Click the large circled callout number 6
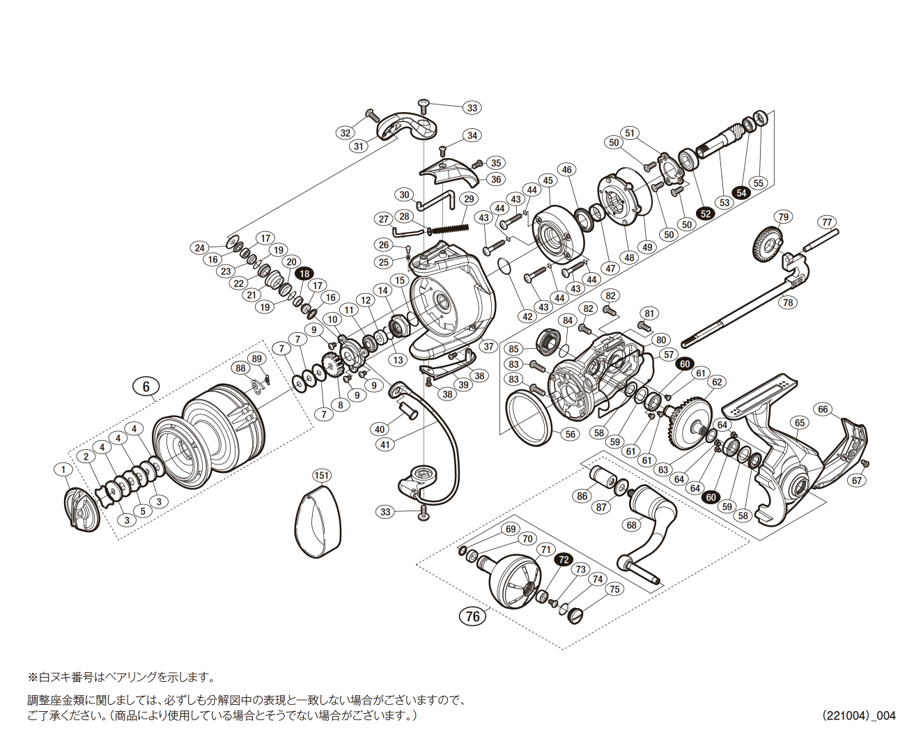tap(146, 387)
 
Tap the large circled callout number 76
tap(473, 616)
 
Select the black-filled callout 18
tap(304, 274)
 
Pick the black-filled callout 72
tap(564, 559)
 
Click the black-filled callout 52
tap(706, 213)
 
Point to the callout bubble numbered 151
tap(321, 476)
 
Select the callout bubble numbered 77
tap(827, 223)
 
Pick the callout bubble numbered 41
tap(385, 444)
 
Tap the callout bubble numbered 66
tap(823, 409)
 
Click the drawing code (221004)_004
tap(858, 715)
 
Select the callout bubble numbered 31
tap(359, 146)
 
